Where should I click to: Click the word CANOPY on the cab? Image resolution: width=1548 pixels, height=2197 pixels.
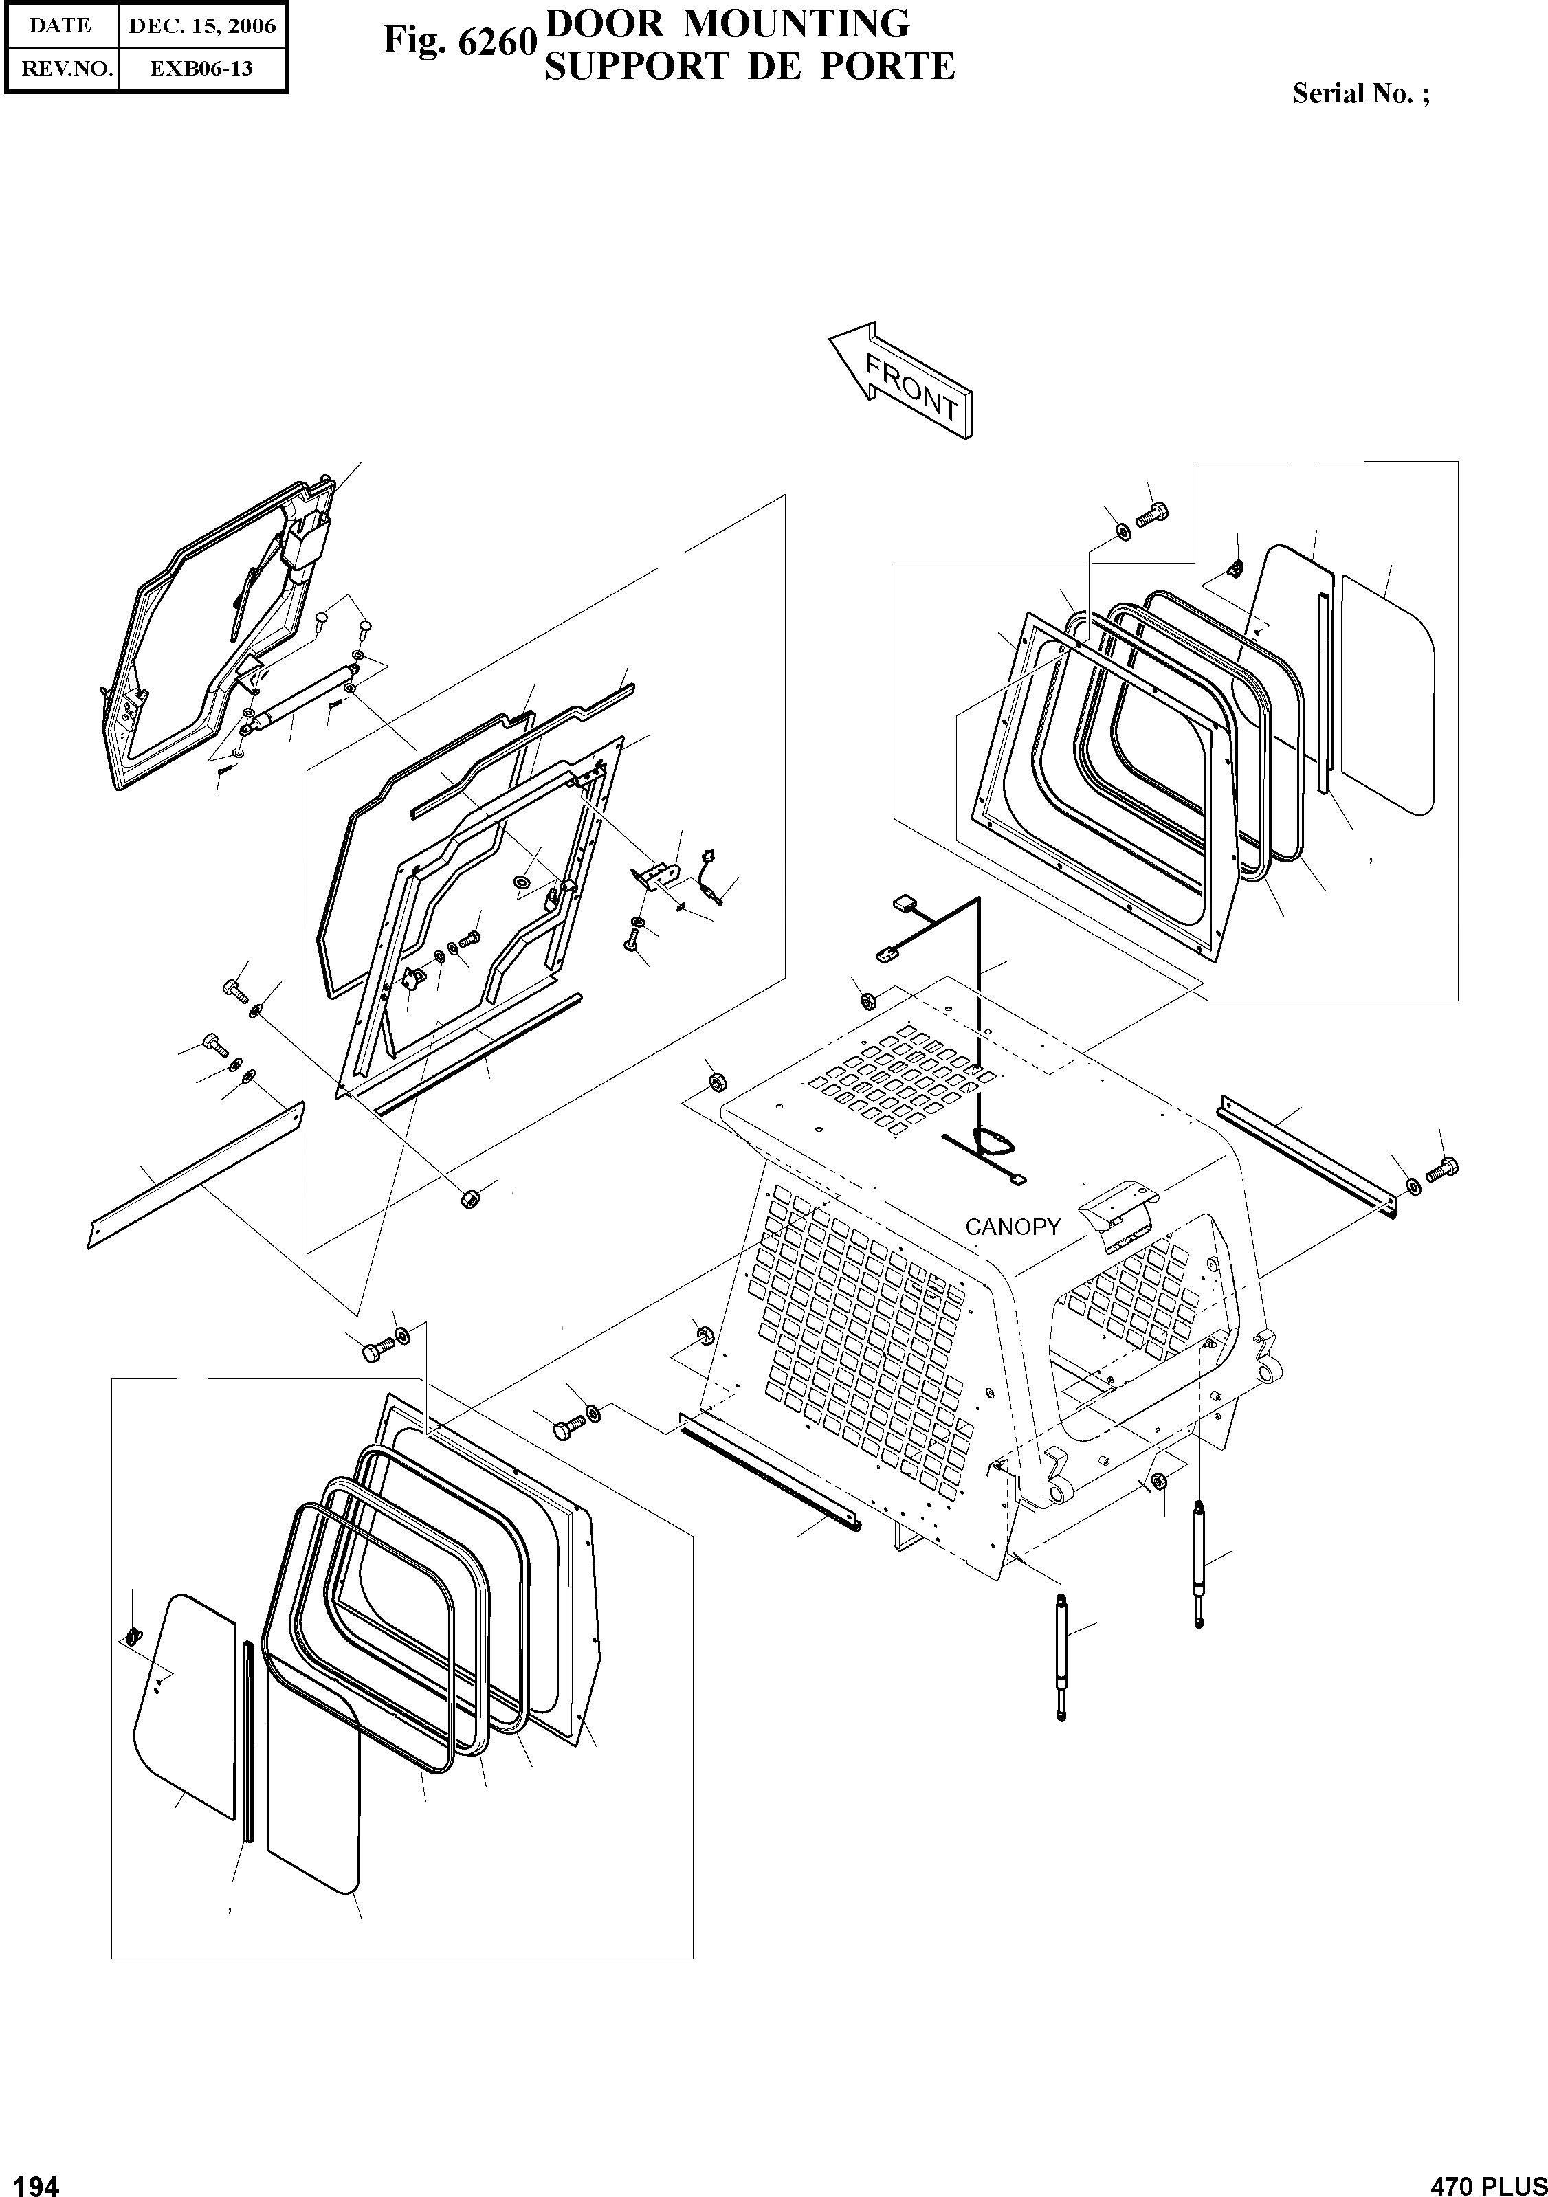coord(1012,1227)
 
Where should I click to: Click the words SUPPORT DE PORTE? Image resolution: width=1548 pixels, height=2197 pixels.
coord(749,67)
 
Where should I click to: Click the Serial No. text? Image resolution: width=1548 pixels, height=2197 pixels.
coord(1360,93)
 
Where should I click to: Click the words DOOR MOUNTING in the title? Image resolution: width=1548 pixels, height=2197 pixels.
coord(726,23)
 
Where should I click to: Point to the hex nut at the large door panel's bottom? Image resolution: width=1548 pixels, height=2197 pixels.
coord(470,1199)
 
